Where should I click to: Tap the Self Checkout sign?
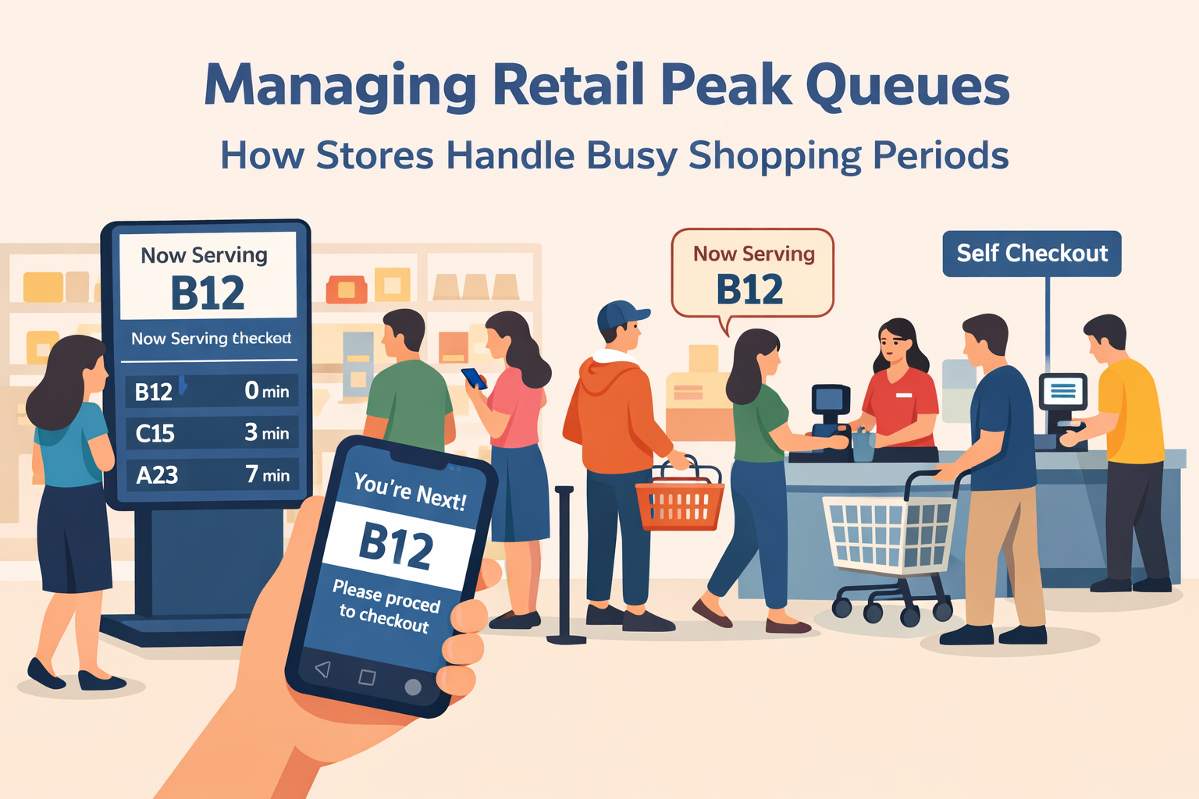[1031, 254]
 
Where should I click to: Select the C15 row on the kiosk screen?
[212, 432]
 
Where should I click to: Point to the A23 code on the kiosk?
[157, 474]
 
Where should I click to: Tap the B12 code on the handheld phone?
[396, 545]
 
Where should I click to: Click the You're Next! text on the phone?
[410, 492]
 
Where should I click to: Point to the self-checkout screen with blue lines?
[1062, 391]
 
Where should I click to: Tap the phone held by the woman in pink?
[474, 378]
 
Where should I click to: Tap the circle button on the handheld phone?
[413, 687]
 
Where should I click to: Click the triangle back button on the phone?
[322, 669]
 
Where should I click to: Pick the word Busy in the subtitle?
[632, 155]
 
